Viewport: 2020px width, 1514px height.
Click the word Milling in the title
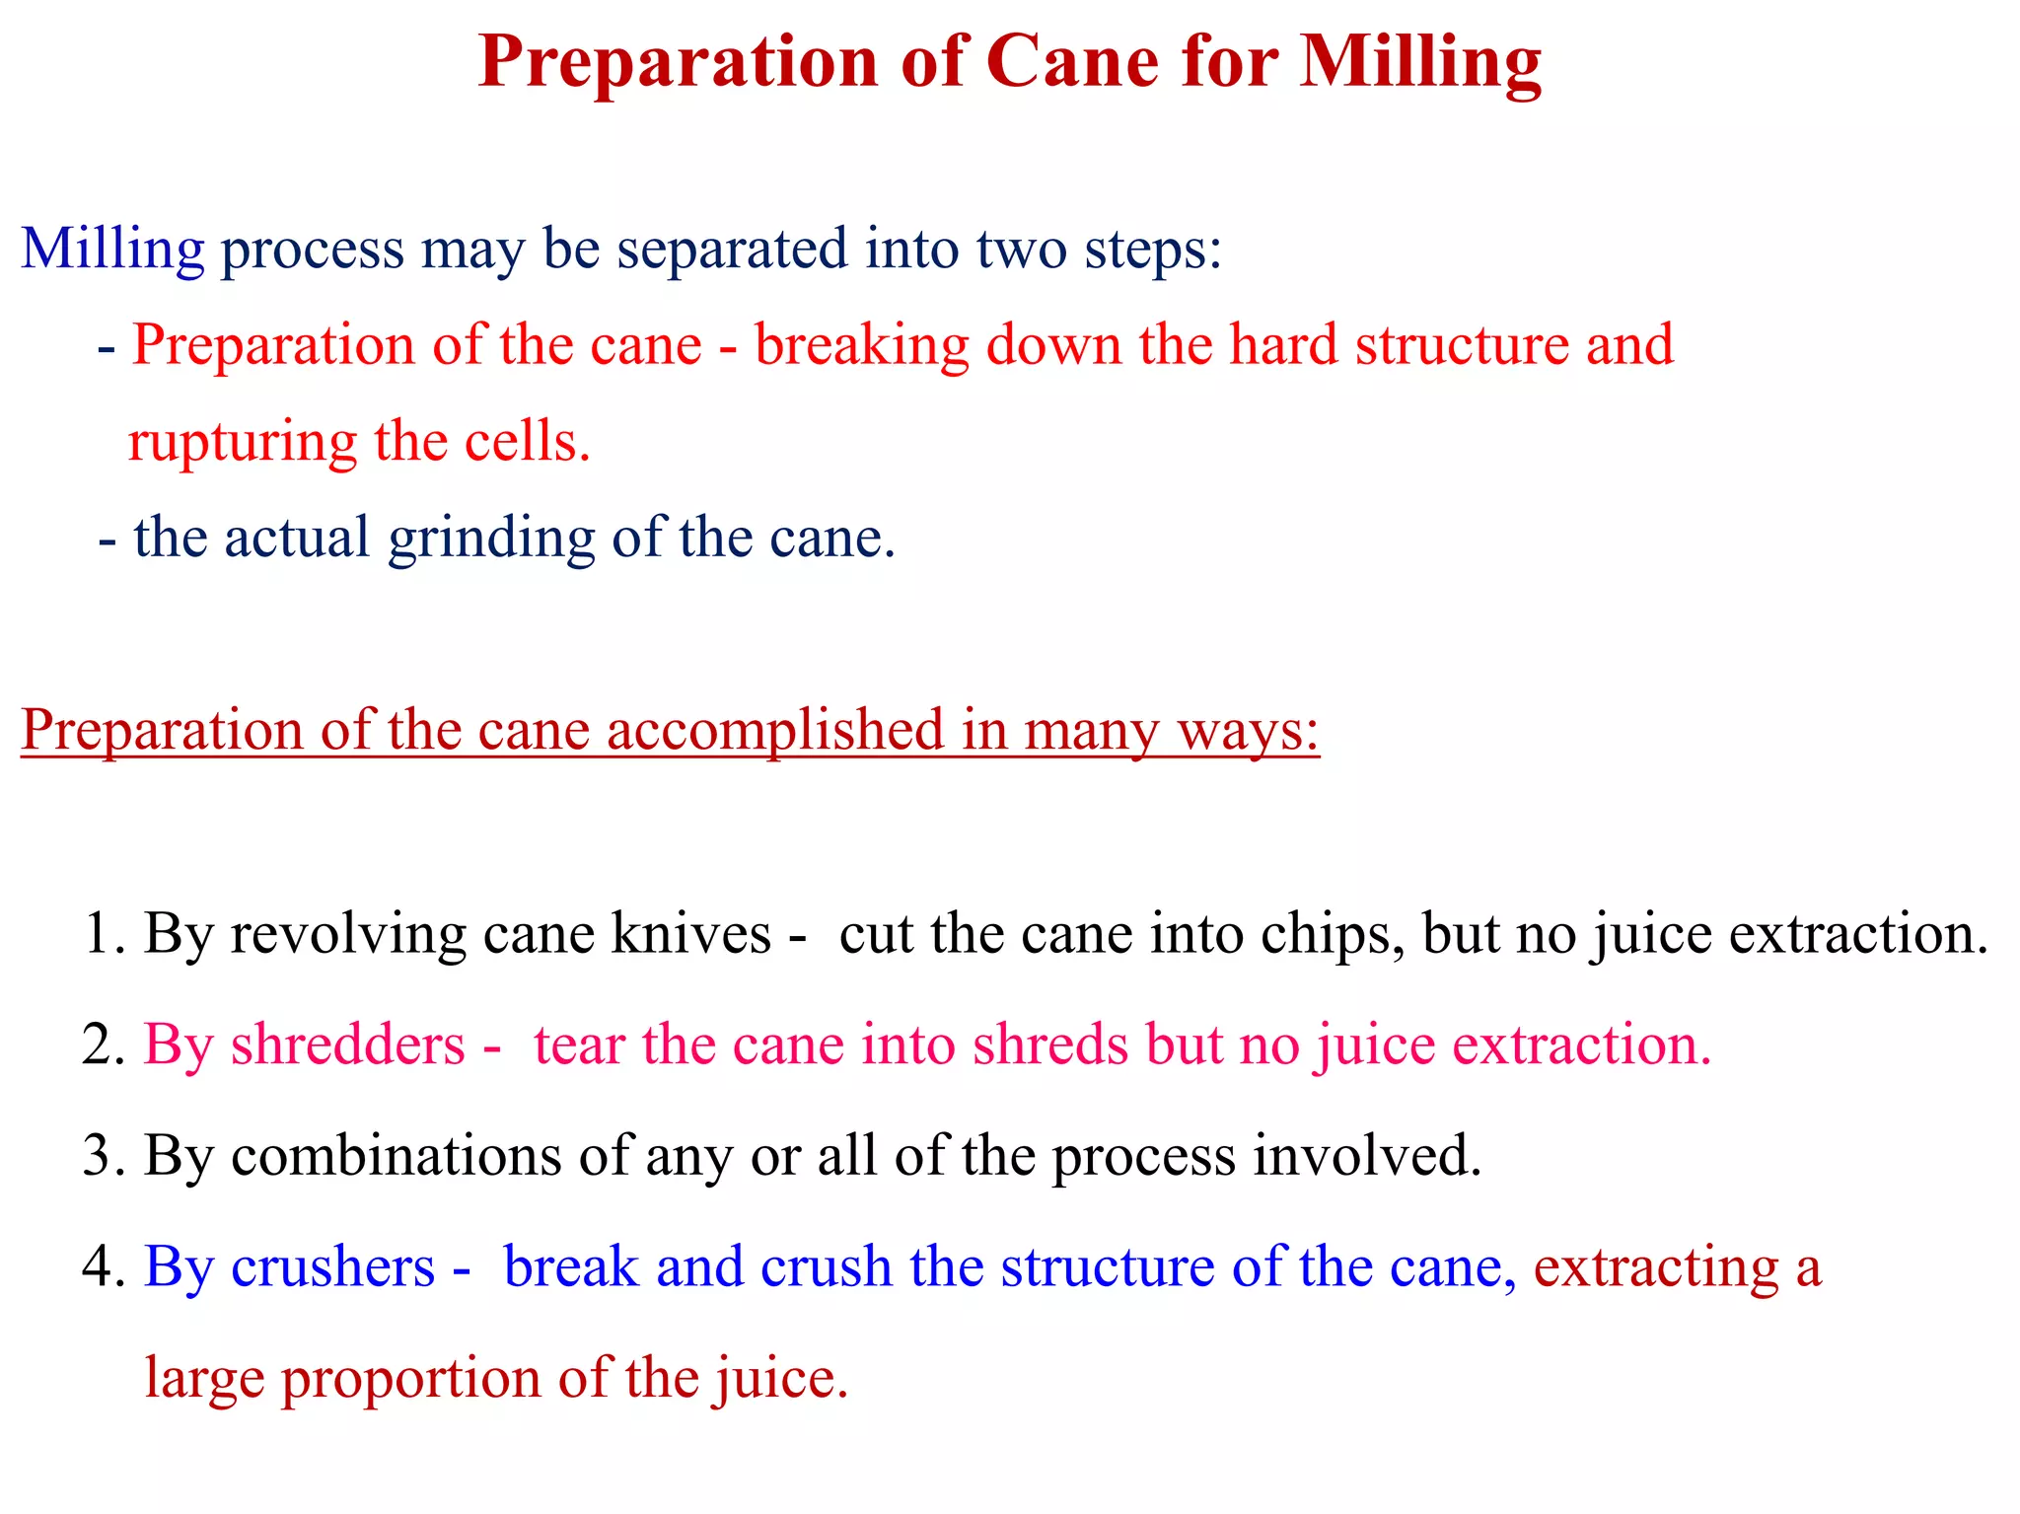1419,61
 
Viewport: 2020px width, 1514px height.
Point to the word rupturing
242,441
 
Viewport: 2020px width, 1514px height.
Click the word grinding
491,539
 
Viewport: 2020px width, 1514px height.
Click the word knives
690,933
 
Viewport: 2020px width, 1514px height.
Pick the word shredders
347,1045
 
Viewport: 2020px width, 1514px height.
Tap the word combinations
396,1155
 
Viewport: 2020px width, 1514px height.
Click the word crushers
332,1266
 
